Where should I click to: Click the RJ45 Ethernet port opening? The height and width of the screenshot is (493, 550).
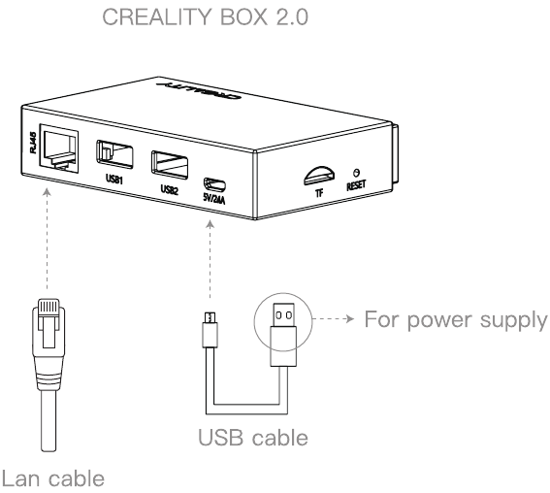[59, 148]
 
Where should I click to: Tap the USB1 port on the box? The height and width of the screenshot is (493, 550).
[114, 154]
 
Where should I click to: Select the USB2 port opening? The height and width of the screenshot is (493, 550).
[170, 165]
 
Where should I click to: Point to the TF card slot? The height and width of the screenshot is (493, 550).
[319, 176]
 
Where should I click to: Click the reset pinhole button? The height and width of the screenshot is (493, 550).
[357, 173]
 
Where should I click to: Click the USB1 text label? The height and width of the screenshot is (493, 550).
[114, 179]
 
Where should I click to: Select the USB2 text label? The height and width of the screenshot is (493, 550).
[170, 190]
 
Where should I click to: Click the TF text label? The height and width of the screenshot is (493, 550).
[319, 192]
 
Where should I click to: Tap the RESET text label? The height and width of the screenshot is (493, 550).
[356, 185]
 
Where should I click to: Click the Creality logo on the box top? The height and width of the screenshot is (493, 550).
[199, 91]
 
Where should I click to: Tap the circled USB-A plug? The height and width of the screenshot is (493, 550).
[283, 335]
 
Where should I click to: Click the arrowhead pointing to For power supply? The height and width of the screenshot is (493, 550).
[350, 319]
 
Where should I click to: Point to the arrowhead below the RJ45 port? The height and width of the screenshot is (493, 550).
[47, 192]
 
